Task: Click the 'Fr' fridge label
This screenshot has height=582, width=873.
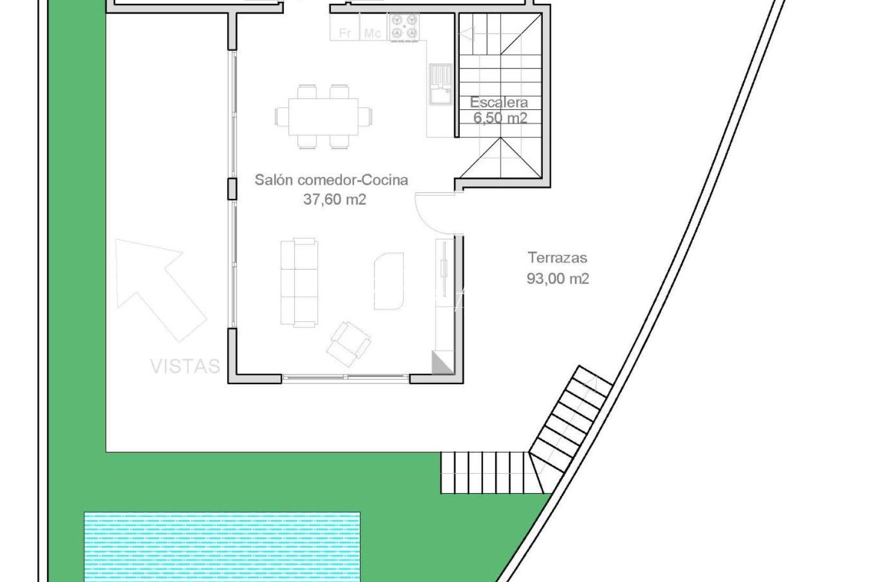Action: [345, 33]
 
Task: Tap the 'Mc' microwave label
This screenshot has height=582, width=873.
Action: [372, 33]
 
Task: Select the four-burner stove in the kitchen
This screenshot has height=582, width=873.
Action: [405, 27]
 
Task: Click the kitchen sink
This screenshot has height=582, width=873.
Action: [441, 84]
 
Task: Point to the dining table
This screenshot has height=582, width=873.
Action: [323, 116]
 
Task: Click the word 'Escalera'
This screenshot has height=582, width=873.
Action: [498, 102]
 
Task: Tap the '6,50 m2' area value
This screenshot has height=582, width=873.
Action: [500, 117]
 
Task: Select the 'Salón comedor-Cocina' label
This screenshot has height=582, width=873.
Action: [331, 179]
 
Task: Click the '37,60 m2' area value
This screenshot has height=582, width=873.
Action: [335, 199]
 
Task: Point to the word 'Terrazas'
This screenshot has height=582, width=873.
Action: [557, 258]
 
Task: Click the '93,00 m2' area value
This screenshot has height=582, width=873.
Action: [558, 279]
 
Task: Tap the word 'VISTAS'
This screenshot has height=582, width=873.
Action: [185, 366]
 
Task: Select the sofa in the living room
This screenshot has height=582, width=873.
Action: [299, 283]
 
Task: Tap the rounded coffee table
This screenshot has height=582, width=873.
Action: [389, 281]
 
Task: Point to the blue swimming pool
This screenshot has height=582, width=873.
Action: [222, 546]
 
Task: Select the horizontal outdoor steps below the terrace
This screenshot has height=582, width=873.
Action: [490, 472]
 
